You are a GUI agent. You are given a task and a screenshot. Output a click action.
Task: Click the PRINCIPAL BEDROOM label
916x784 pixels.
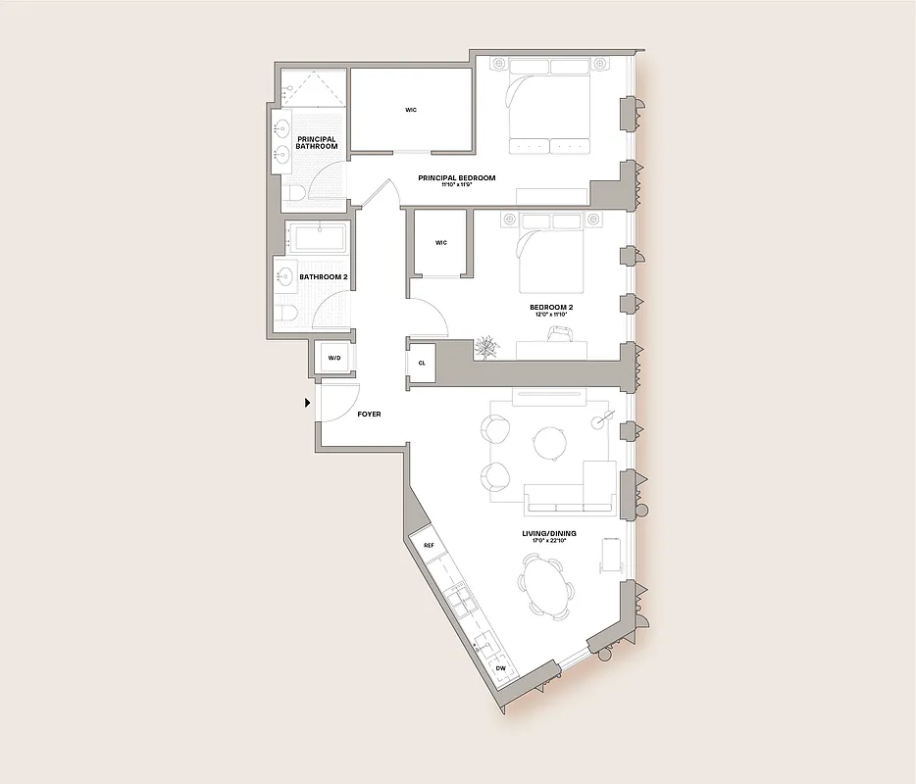click(456, 178)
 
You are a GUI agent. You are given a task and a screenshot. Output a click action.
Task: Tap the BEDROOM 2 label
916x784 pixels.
click(550, 308)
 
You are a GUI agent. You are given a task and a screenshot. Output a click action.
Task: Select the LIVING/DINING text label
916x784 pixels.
click(550, 534)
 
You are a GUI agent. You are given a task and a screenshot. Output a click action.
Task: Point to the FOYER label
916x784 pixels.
click(369, 415)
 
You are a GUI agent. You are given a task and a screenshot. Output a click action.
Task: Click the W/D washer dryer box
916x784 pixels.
click(333, 359)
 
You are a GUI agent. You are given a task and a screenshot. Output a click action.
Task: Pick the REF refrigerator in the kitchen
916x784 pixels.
click(429, 545)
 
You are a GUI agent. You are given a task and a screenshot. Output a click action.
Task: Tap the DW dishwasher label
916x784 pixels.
click(500, 668)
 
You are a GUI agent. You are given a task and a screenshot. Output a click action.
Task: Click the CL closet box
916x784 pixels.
click(422, 362)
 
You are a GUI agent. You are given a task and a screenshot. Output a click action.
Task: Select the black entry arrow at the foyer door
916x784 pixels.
click(308, 402)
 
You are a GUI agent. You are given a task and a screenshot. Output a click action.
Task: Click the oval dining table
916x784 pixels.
click(547, 586)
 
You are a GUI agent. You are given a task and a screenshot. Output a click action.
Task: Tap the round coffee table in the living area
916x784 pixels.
click(549, 443)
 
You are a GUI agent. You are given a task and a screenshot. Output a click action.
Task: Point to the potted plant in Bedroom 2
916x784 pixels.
click(486, 347)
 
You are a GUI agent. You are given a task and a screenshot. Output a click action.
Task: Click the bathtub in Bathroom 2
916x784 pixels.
click(316, 238)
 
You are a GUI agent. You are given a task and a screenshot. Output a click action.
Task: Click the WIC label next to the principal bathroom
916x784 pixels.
click(411, 110)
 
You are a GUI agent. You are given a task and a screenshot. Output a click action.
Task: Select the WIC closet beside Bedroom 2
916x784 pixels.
click(440, 243)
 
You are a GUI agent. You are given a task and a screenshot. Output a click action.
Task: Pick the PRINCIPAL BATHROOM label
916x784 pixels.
click(317, 143)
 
